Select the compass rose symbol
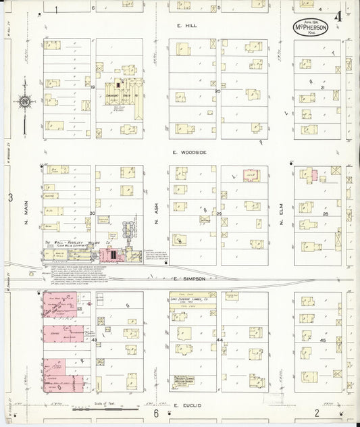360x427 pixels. click(x=24, y=102)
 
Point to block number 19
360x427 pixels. click(x=93, y=87)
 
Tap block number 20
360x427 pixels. click(x=217, y=91)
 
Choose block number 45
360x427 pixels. click(x=322, y=341)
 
